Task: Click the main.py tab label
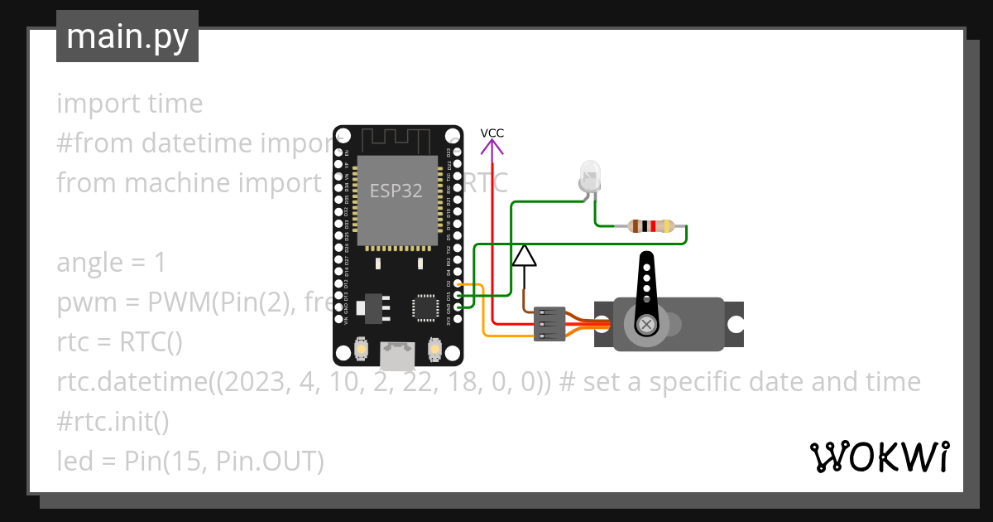coord(127,36)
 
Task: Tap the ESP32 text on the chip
coord(396,191)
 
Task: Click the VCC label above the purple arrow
coord(492,133)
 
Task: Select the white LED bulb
coord(589,176)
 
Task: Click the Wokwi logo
coord(879,457)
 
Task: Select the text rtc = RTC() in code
coord(119,342)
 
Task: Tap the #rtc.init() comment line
coord(113,422)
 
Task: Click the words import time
coord(130,104)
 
